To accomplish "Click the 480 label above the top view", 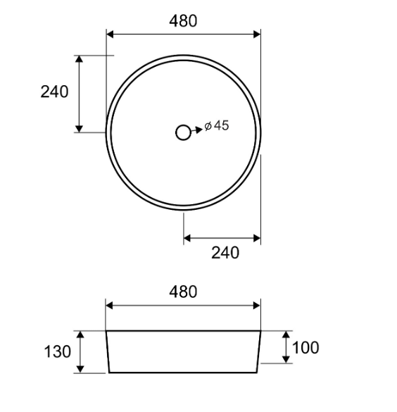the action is (183, 21).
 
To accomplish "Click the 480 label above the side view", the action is (183, 292).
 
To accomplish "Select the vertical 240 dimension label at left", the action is (54, 92).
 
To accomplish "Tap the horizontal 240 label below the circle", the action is (225, 253).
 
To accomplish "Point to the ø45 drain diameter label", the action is (217, 125).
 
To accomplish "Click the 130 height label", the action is (57, 352).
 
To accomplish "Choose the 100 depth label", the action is (305, 348).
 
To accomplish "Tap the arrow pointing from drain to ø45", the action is (197, 130).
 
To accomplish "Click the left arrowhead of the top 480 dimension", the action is (110, 35).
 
